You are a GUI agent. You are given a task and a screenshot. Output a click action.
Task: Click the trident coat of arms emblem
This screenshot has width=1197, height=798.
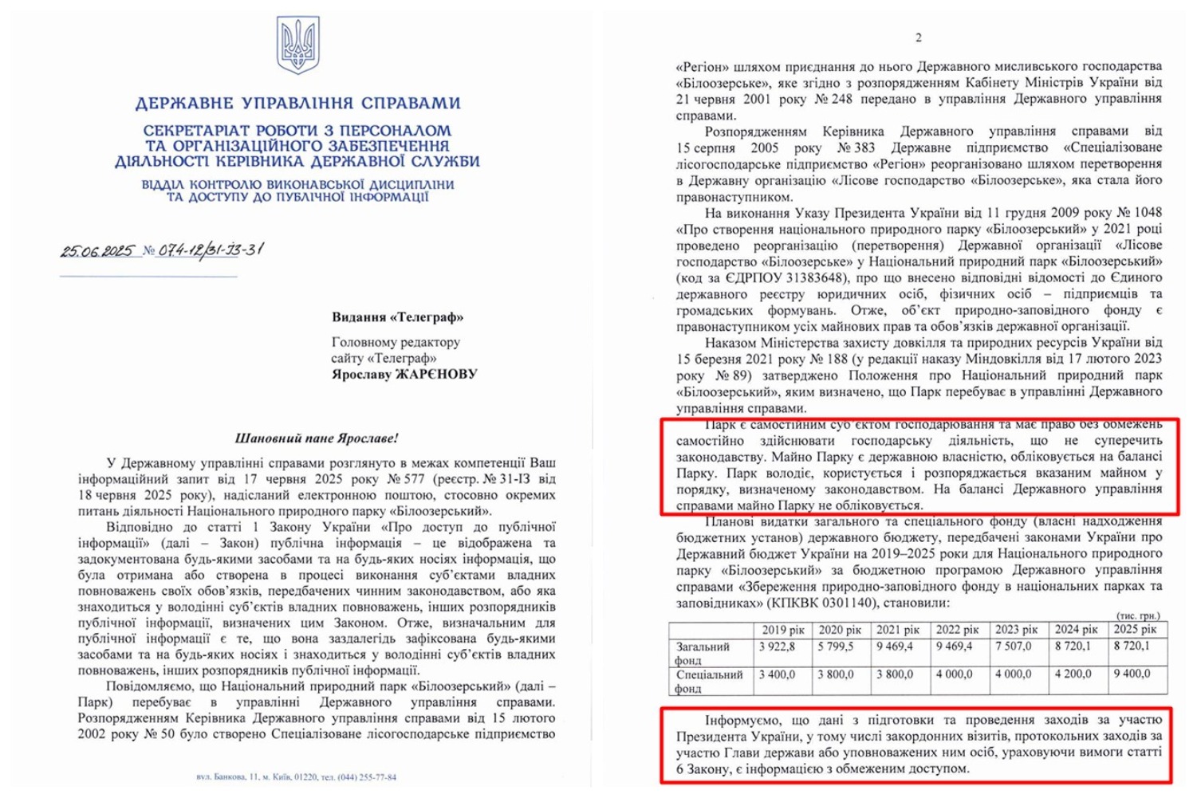pyautogui.click(x=297, y=45)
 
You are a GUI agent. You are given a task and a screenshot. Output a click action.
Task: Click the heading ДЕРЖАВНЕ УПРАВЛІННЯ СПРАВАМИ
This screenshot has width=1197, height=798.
pyautogui.click(x=297, y=104)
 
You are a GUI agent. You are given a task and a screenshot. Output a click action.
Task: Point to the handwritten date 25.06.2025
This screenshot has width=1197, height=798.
pyautogui.click(x=98, y=251)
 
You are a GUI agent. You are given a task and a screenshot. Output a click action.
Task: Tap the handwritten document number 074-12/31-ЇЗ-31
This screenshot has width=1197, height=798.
pyautogui.click(x=211, y=250)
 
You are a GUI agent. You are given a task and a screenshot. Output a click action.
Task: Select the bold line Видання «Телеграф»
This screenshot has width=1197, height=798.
pyautogui.click(x=397, y=317)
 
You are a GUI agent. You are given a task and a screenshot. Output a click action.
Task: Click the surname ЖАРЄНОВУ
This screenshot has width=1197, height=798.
pyautogui.click(x=437, y=374)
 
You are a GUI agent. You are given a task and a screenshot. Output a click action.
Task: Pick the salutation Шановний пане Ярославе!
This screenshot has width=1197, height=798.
pyautogui.click(x=317, y=438)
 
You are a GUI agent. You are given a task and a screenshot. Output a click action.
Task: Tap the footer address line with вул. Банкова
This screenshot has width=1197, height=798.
pyautogui.click(x=296, y=776)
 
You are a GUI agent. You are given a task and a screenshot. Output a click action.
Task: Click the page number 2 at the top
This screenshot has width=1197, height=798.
pyautogui.click(x=919, y=37)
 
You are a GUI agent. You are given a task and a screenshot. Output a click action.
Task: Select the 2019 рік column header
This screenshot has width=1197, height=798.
pyautogui.click(x=783, y=630)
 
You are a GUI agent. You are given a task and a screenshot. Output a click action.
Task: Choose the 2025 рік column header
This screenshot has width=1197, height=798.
pyautogui.click(x=1134, y=630)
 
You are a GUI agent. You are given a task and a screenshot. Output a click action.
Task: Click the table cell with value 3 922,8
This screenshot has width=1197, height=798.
pyautogui.click(x=777, y=647)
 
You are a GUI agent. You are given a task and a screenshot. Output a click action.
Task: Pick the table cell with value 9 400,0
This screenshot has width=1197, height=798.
pyautogui.click(x=1132, y=674)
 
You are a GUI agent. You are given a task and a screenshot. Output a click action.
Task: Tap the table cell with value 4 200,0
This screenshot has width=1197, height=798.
pyautogui.click(x=1072, y=674)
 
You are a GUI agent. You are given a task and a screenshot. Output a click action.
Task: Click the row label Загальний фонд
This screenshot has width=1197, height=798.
pyautogui.click(x=703, y=653)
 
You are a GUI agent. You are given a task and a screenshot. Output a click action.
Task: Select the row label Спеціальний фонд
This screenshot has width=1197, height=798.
pyautogui.click(x=709, y=681)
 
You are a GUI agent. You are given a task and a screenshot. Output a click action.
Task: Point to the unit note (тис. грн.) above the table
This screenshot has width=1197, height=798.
pyautogui.click(x=1137, y=616)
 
